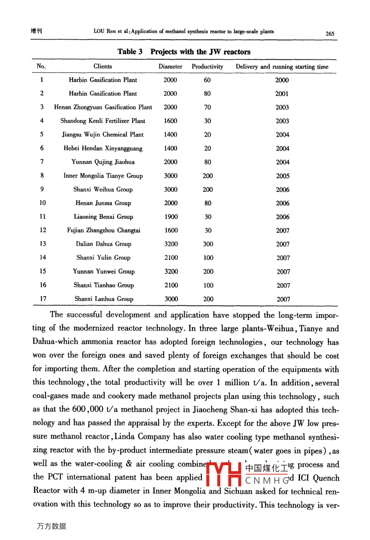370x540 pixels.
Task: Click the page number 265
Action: [330, 34]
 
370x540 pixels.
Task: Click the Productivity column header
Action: [207, 66]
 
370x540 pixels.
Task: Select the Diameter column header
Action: [170, 66]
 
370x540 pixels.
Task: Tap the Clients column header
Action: [103, 66]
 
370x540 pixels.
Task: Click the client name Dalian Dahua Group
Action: [104, 244]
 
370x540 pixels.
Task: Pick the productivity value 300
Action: [208, 244]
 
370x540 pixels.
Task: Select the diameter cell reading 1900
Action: [171, 217]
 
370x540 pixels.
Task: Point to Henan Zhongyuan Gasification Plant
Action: [103, 107]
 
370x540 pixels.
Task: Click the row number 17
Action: [43, 299]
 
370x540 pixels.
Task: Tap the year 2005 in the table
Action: [282, 176]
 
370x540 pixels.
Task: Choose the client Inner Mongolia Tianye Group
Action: [103, 176]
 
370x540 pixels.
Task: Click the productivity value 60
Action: [207, 80]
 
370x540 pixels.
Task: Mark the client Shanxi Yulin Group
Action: [103, 258]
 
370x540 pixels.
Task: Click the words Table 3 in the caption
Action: [130, 52]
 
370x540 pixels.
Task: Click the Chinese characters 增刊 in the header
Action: [36, 31]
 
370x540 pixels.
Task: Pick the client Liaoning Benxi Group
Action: [104, 217]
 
